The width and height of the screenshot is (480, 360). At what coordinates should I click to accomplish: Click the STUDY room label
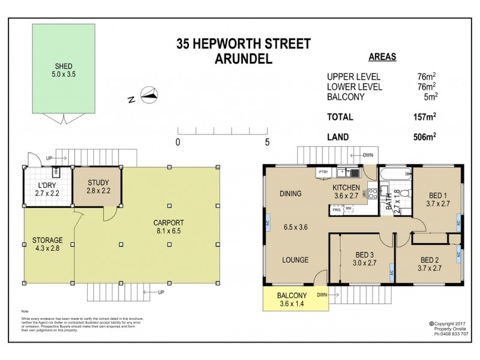(98, 183)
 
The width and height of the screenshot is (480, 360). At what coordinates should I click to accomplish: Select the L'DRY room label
(47, 185)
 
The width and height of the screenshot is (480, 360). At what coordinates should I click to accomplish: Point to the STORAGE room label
(47, 240)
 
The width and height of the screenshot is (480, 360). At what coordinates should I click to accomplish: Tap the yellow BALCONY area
(292, 299)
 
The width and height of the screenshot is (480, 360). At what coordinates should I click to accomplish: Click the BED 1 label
(438, 195)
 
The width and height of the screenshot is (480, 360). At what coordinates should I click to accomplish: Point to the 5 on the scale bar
(267, 143)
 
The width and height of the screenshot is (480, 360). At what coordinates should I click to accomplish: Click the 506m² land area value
(425, 137)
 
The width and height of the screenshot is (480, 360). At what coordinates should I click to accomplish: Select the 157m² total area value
(425, 117)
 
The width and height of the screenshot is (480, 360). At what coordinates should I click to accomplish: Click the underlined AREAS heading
(382, 58)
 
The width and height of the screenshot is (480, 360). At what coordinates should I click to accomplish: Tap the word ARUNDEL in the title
(243, 59)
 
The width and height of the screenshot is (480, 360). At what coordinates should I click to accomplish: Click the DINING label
(290, 193)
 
